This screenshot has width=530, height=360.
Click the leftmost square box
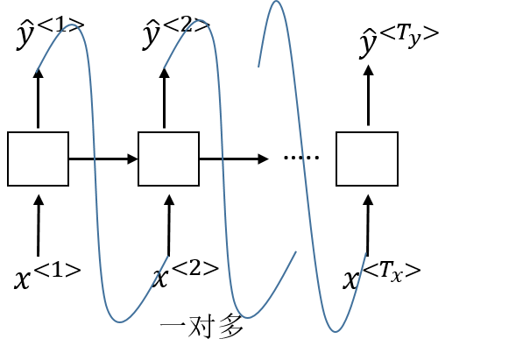(38, 159)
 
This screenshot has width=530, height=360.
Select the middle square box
(169, 159)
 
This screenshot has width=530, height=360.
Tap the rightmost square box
(367, 159)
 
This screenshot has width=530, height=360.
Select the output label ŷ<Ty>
(399, 40)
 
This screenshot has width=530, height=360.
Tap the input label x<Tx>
(381, 275)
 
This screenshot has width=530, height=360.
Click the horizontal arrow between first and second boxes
(103, 159)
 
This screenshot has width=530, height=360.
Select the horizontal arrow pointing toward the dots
(233, 159)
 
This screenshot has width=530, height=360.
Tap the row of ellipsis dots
(301, 159)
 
